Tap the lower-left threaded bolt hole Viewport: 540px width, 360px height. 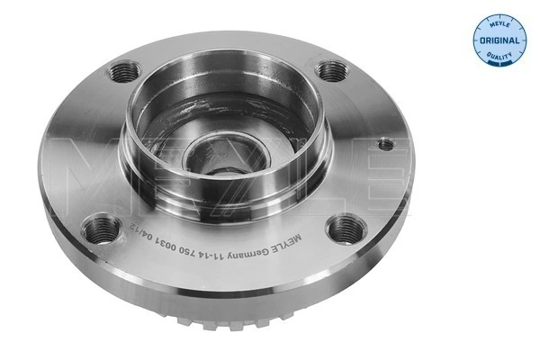click(101, 229)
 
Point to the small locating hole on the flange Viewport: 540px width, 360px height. click(385, 143)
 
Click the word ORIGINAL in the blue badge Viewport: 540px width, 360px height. click(498, 41)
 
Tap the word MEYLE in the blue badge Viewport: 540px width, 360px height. click(498, 23)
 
